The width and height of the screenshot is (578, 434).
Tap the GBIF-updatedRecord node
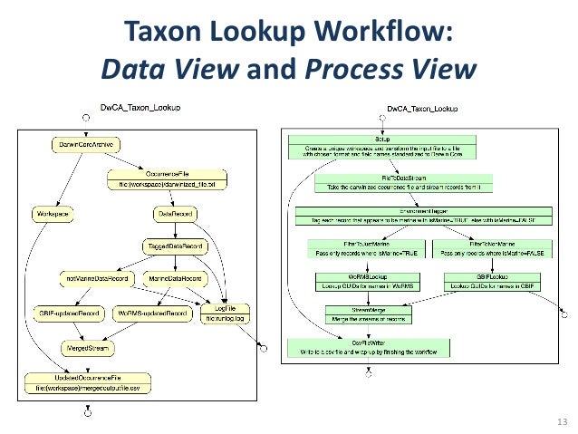click(x=66, y=313)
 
